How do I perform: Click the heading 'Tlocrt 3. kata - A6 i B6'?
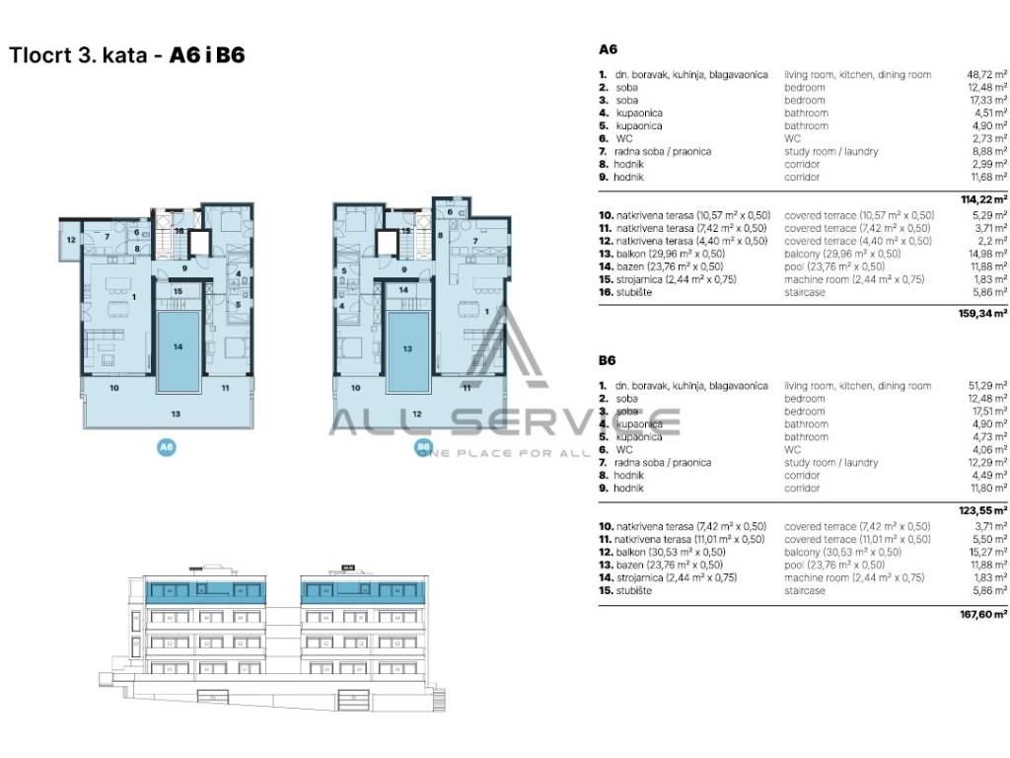(126, 55)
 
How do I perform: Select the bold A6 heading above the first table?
(609, 47)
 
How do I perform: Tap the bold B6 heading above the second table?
(609, 360)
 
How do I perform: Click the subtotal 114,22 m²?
(984, 198)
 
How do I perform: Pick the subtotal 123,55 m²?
(984, 509)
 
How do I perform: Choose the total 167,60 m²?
(984, 612)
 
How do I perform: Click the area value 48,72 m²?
(986, 75)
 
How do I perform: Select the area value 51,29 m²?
(986, 386)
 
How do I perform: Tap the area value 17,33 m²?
(986, 101)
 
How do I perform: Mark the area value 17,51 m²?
(986, 412)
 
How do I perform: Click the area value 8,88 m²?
(988, 152)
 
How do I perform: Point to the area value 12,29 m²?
(986, 463)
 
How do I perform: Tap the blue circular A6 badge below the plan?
(167, 447)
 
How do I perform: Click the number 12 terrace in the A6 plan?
(71, 240)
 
